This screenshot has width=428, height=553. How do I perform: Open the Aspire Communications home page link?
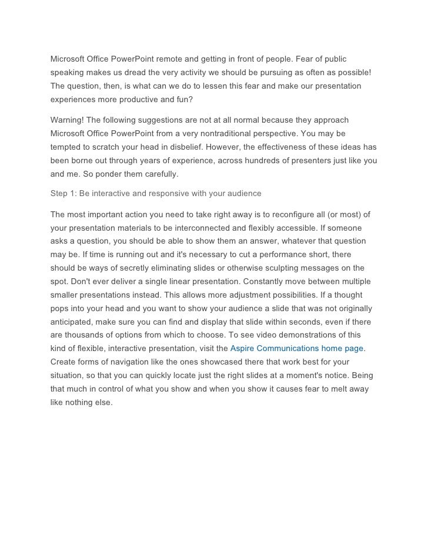[x=297, y=349]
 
